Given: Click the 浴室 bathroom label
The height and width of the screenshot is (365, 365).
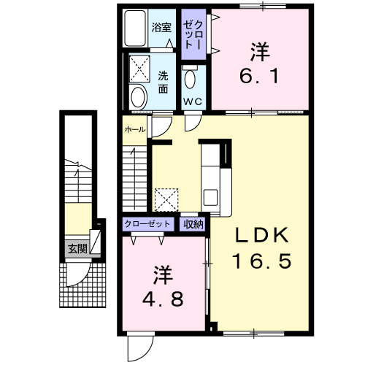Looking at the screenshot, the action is pyautogui.click(x=161, y=28).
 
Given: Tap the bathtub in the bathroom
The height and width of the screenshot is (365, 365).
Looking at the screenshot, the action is pyautogui.click(x=135, y=28).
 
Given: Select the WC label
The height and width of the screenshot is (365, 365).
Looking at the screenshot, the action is pyautogui.click(x=193, y=101).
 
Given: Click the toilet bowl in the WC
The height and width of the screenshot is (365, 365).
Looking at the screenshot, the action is pyautogui.click(x=190, y=79).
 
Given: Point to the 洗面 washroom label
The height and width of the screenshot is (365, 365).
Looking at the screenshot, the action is pyautogui.click(x=163, y=82).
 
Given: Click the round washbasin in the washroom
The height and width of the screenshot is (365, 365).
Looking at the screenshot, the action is pyautogui.click(x=138, y=97).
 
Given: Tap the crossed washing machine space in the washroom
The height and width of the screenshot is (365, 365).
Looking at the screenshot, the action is pyautogui.click(x=139, y=69).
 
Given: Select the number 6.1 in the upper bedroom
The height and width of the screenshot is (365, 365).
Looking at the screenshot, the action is pyautogui.click(x=259, y=76).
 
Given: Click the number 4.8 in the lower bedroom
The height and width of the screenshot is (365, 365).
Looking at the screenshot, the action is pyautogui.click(x=163, y=299).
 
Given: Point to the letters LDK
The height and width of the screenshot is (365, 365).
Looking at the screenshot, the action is pyautogui.click(x=262, y=235).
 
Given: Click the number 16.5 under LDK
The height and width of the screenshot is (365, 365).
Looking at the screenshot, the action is pyautogui.click(x=262, y=261).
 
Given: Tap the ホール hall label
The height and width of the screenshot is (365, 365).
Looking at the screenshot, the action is pyautogui.click(x=135, y=129).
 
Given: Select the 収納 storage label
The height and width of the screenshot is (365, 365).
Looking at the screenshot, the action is pyautogui.click(x=193, y=224).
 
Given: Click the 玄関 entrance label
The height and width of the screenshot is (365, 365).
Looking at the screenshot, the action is pyautogui.click(x=77, y=249).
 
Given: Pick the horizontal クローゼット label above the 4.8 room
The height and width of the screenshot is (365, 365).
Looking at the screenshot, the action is pyautogui.click(x=147, y=223).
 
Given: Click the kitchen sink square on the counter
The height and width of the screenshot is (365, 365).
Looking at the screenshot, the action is pyautogui.click(x=210, y=197).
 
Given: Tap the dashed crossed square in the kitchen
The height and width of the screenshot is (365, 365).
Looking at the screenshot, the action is pyautogui.click(x=166, y=200).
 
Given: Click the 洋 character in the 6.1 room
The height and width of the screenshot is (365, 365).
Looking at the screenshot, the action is pyautogui.click(x=260, y=52).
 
